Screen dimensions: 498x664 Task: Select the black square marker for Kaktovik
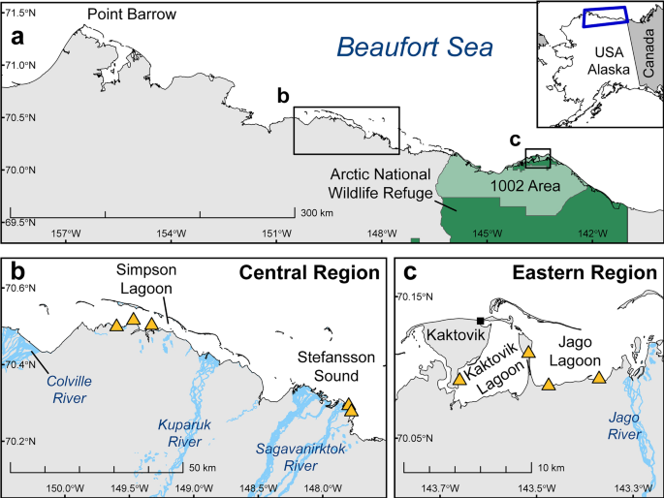pyautogui.click(x=480, y=321)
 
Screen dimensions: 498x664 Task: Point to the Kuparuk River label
pyautogui.click(x=183, y=433)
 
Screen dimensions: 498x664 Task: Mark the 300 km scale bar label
pyautogui.click(x=317, y=213)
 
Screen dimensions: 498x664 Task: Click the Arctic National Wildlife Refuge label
pyautogui.click(x=377, y=183)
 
